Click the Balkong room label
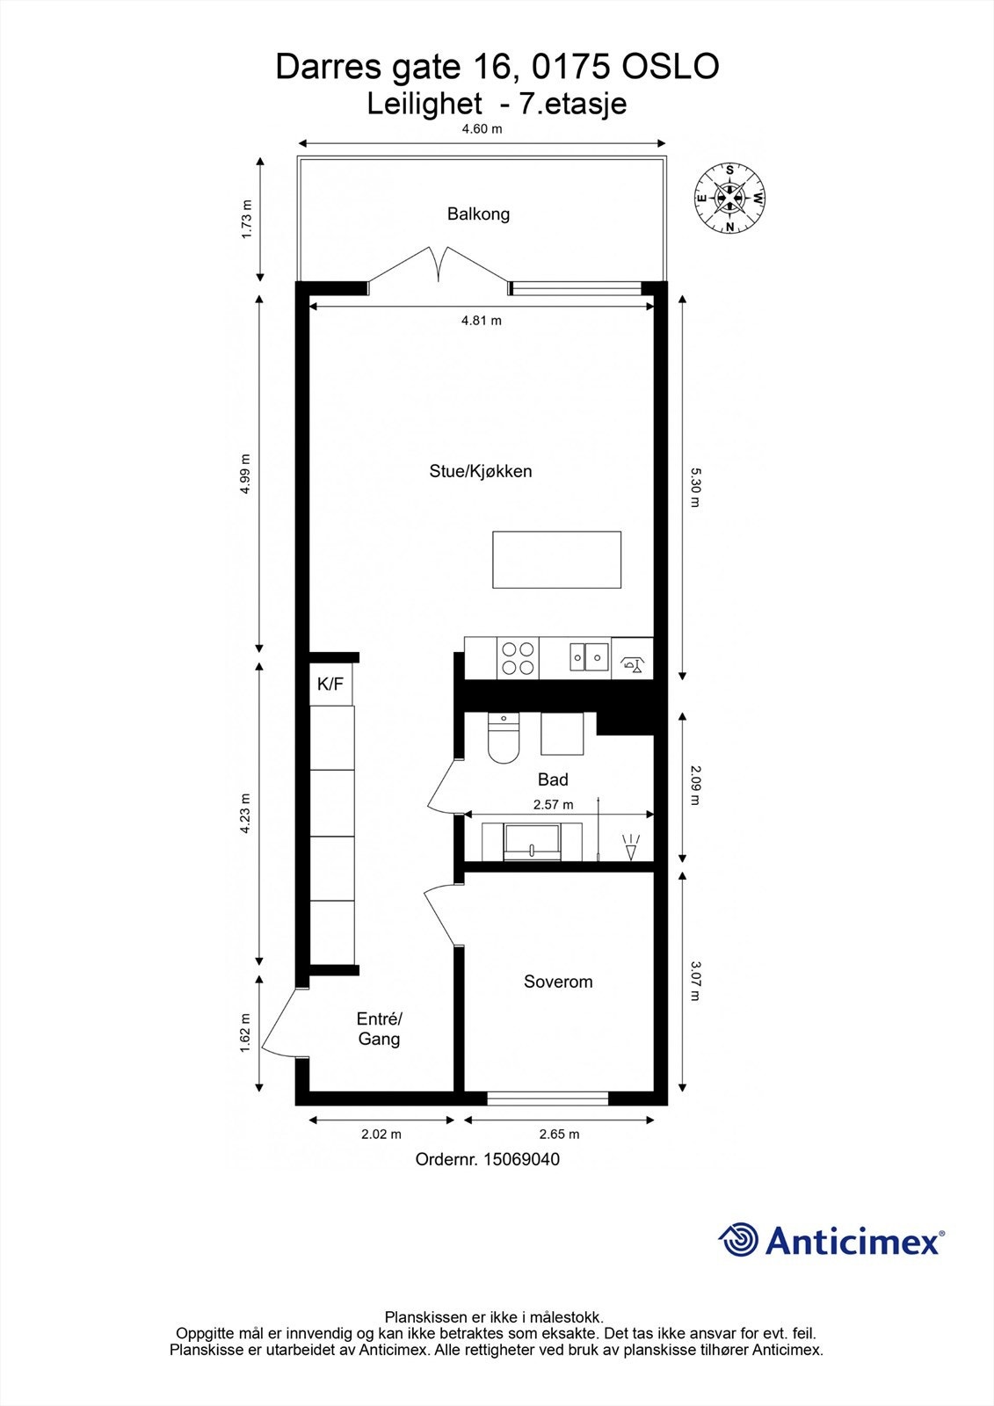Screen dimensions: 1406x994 (478, 214)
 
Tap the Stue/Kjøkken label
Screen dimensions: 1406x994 (480, 471)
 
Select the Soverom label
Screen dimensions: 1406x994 (558, 982)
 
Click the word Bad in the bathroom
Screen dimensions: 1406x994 (553, 779)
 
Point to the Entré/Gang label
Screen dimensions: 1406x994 (379, 1029)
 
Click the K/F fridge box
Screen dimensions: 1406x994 (330, 684)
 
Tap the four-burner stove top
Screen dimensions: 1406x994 (517, 658)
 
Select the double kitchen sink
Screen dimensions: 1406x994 (588, 656)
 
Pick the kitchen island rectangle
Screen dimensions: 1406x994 (556, 560)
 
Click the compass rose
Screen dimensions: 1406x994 (729, 199)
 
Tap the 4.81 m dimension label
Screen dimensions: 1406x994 (481, 321)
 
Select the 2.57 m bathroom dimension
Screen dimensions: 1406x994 (553, 804)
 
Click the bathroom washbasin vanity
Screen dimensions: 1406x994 (533, 842)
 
